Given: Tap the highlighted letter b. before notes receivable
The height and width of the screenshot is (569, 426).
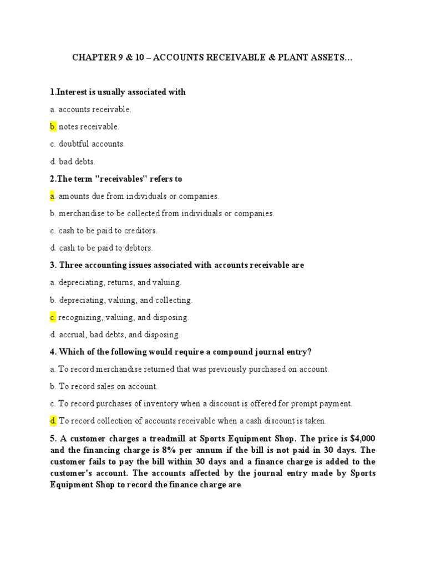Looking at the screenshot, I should (53, 127).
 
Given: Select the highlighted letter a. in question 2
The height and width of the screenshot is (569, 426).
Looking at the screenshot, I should (52, 196).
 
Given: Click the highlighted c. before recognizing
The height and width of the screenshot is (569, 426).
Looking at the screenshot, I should (53, 318).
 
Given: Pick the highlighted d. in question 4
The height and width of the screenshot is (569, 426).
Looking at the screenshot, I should (53, 421).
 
